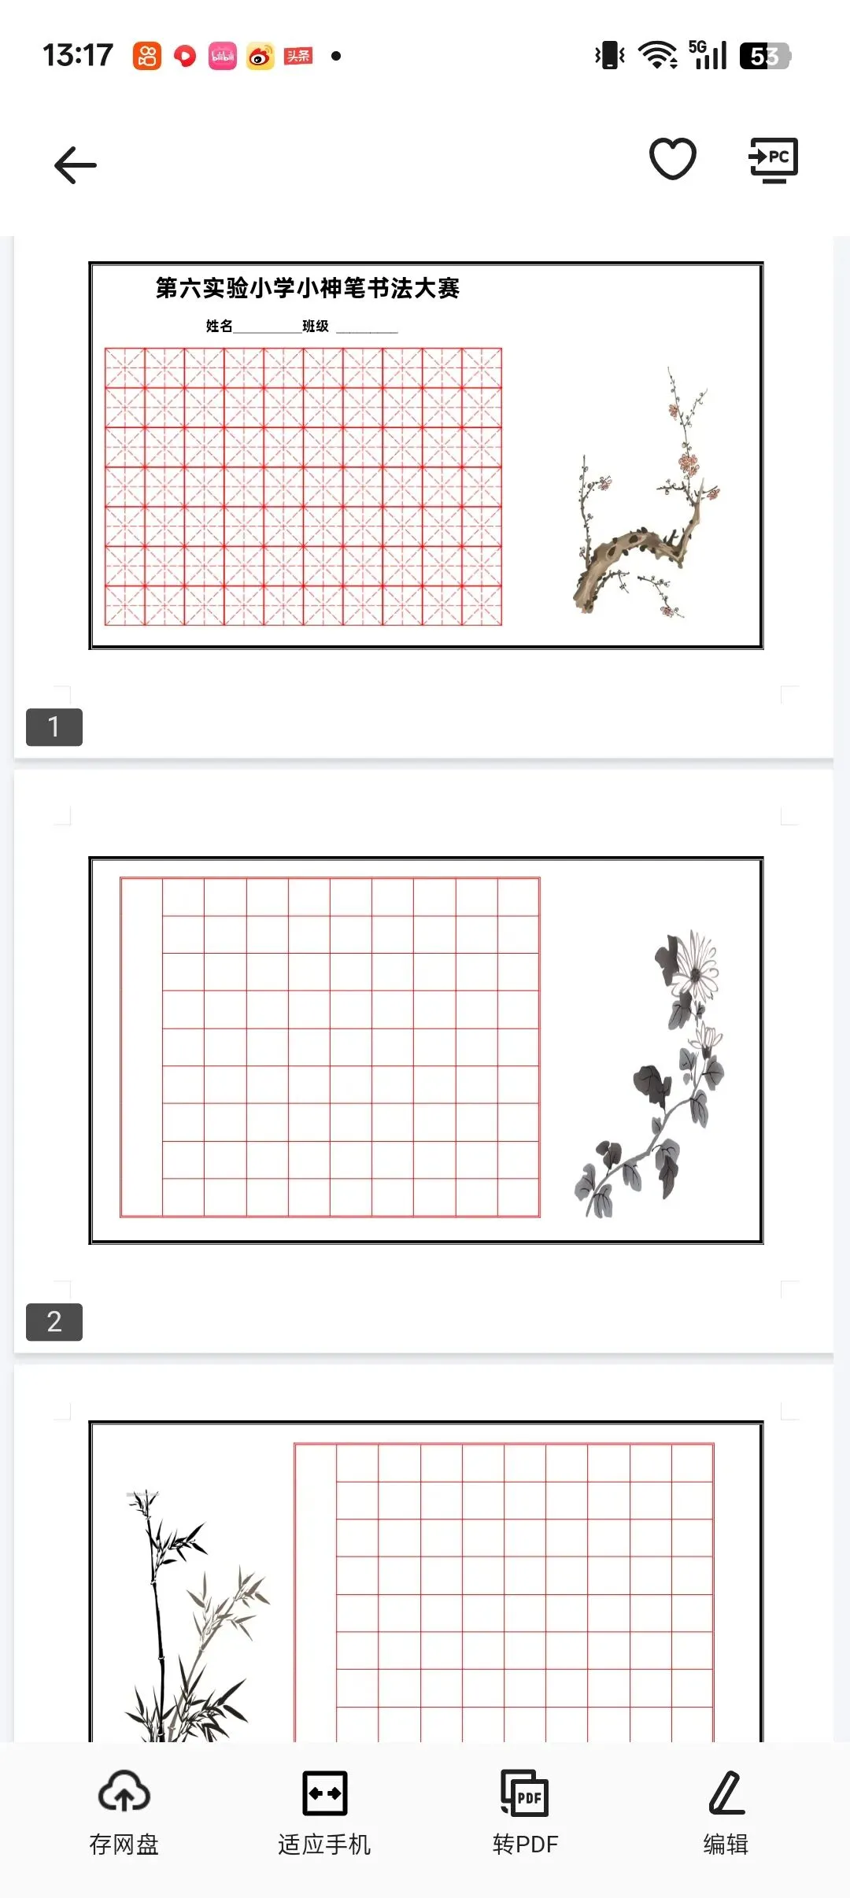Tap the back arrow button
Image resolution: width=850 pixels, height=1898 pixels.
pos(76,165)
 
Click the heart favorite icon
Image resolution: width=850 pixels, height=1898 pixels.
pos(673,158)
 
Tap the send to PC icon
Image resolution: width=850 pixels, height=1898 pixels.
pos(773,160)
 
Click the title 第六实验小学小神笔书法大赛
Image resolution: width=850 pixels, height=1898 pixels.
pos(307,288)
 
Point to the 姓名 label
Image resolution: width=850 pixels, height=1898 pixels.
pos(220,326)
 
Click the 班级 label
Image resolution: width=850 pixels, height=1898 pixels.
pos(316,326)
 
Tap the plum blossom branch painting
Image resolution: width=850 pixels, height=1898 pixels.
pos(645,493)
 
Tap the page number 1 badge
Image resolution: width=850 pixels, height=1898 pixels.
pos(54,727)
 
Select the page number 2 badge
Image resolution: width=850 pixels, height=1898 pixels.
pos(54,1322)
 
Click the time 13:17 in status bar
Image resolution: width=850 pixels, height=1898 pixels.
pos(78,55)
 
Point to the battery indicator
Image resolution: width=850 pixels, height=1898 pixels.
pos(765,56)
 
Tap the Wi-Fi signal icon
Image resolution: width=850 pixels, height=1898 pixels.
pos(658,55)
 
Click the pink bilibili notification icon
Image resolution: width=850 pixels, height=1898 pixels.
pos(223,56)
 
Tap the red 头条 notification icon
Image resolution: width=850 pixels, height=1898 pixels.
pos(298,56)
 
